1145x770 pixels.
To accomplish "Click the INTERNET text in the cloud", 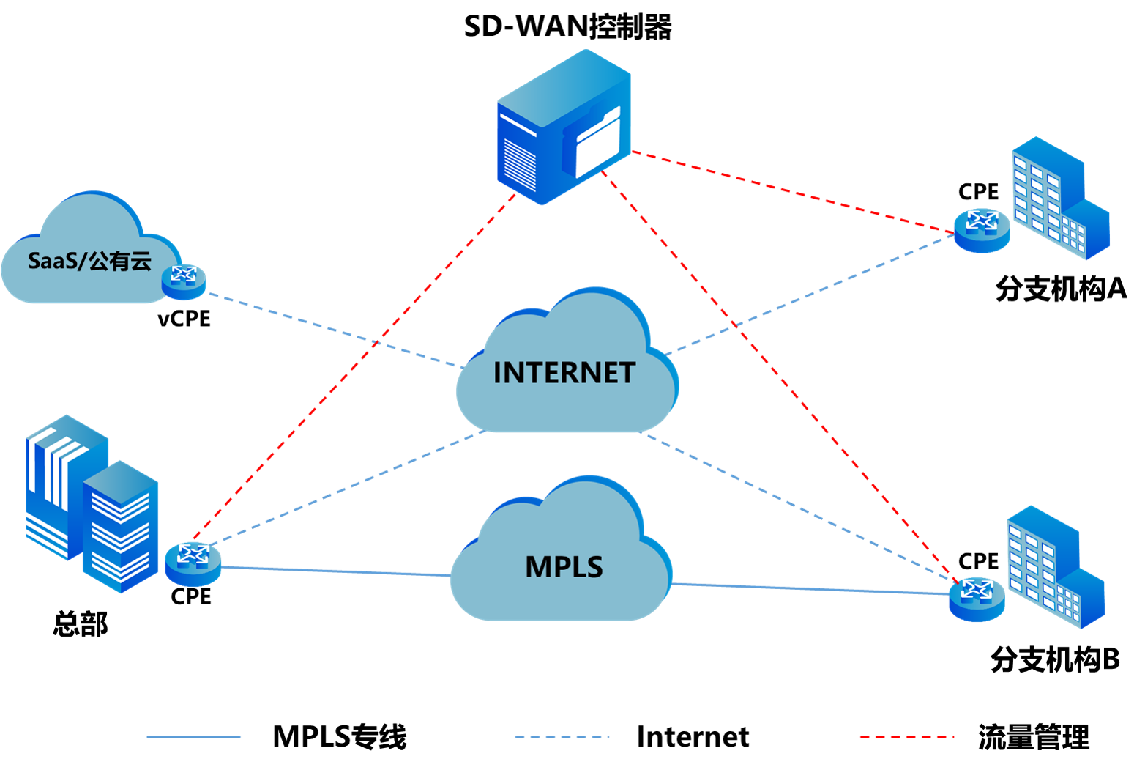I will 564,373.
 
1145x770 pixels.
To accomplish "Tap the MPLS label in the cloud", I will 564,567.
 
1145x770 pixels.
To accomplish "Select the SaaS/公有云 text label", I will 89,261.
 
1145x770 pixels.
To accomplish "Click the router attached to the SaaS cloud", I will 184,281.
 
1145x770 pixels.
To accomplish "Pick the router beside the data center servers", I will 193,563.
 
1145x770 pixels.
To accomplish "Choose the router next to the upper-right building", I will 982,230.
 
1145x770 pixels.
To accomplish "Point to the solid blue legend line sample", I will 194,737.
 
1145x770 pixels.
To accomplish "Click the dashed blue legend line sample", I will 562,737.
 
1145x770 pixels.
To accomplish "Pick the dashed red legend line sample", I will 906,737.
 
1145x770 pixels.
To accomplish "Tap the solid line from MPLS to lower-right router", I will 809,588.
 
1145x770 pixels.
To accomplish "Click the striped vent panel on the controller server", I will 521,163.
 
